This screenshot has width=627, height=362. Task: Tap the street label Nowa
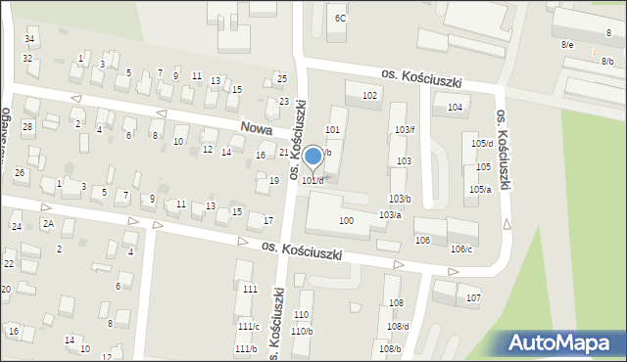[257, 128]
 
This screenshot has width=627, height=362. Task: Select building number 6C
[340, 18]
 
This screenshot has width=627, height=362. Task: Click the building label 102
[370, 95]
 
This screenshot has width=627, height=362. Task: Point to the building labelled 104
[455, 108]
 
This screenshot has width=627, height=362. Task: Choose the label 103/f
[405, 129]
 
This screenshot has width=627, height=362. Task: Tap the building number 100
[346, 221]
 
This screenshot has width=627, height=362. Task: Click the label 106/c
[461, 249]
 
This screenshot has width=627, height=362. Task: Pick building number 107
[473, 296]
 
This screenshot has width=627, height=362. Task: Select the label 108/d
[398, 326]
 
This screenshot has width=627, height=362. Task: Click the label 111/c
[248, 326]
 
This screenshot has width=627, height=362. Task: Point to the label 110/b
[302, 331]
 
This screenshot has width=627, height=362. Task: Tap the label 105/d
[482, 144]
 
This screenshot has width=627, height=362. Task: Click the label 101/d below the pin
[313, 180]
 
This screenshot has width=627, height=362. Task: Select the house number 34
[30, 39]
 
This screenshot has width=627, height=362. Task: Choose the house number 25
[282, 78]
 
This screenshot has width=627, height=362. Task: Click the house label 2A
[47, 223]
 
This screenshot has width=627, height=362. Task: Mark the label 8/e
[567, 45]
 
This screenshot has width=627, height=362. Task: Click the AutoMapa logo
[562, 343]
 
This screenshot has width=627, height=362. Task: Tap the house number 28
[27, 127]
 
